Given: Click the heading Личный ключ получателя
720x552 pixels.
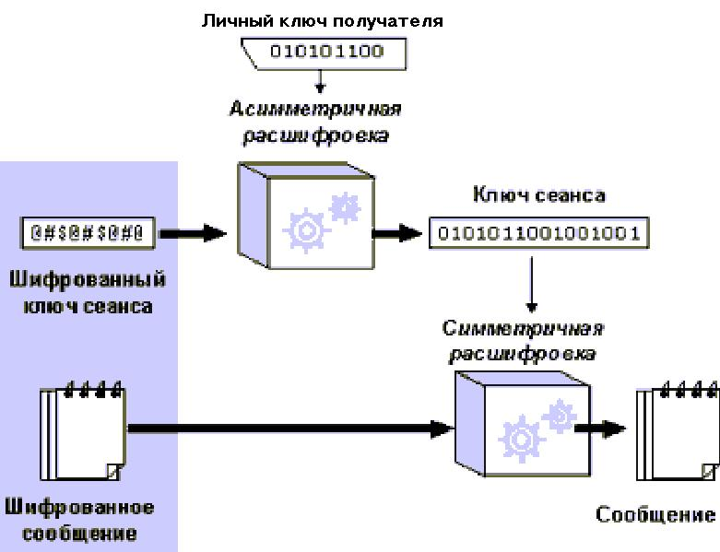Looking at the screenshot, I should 322,19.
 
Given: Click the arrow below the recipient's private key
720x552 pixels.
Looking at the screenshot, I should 319,82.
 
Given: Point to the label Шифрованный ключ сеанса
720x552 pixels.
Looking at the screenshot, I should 88,290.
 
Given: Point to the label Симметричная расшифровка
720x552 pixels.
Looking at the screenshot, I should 523,341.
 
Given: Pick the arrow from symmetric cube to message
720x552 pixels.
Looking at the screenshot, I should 599,429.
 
